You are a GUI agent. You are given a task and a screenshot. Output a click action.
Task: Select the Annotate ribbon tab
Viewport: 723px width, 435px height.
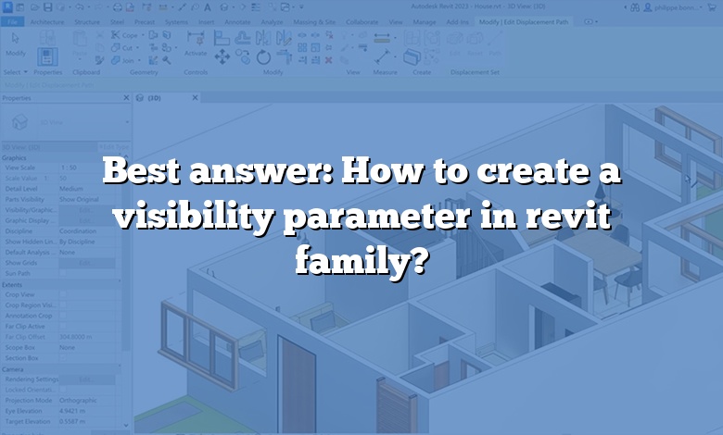(x=236, y=19)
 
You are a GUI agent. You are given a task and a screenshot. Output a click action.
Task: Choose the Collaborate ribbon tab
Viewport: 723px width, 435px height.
(x=362, y=19)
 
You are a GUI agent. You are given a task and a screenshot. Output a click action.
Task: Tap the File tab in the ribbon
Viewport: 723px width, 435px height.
(x=11, y=19)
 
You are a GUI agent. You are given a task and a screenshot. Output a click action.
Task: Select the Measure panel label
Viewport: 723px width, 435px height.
(x=386, y=71)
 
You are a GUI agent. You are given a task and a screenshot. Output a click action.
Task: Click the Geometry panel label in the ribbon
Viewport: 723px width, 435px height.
(x=143, y=71)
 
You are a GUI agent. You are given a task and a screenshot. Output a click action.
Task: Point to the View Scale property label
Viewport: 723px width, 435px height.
(x=20, y=168)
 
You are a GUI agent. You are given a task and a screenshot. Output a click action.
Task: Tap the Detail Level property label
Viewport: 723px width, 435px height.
(x=22, y=188)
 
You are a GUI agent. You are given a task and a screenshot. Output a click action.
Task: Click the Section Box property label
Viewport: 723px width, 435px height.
(x=21, y=357)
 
